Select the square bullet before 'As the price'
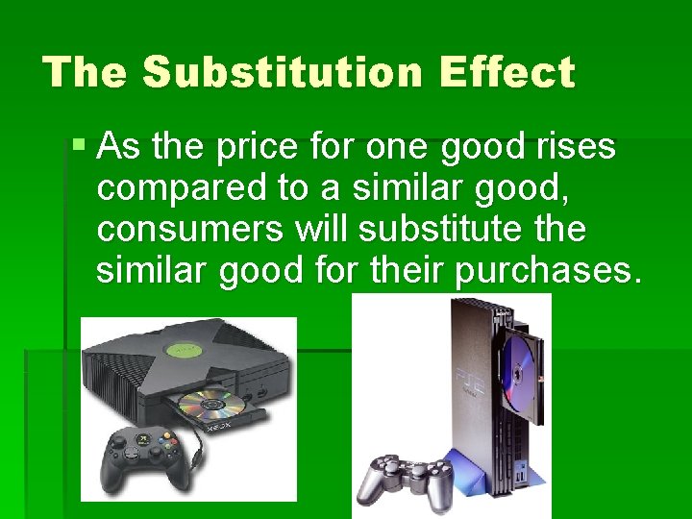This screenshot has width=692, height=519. click(80, 147)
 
